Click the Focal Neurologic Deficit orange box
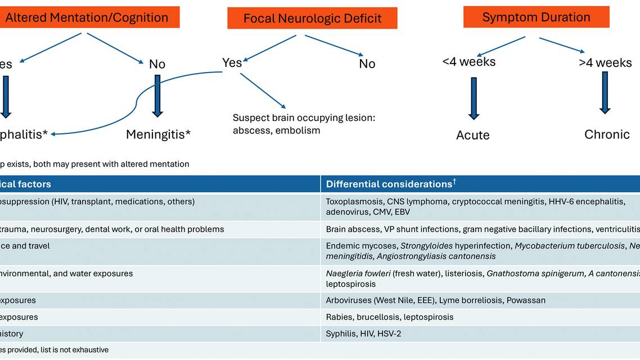pyautogui.click(x=312, y=18)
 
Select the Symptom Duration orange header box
pyautogui.click(x=536, y=17)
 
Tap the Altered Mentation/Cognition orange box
pyautogui.click(x=87, y=17)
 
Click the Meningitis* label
pyautogui.click(x=158, y=134)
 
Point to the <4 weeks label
pyautogui.click(x=469, y=62)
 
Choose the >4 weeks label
pyautogui.click(x=605, y=62)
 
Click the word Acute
pyautogui.click(x=473, y=135)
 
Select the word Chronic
pyautogui.click(x=607, y=134)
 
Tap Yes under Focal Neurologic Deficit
pyautogui.click(x=232, y=62)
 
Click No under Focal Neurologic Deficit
pyautogui.click(x=367, y=64)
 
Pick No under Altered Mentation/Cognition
pyautogui.click(x=157, y=64)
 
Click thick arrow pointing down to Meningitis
pyautogui.click(x=157, y=96)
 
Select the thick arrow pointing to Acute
pyautogui.click(x=474, y=98)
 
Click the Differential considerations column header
pyautogui.click(x=389, y=184)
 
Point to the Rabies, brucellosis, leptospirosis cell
pyautogui.click(x=389, y=317)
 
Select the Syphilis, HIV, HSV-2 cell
pyautogui.click(x=363, y=334)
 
